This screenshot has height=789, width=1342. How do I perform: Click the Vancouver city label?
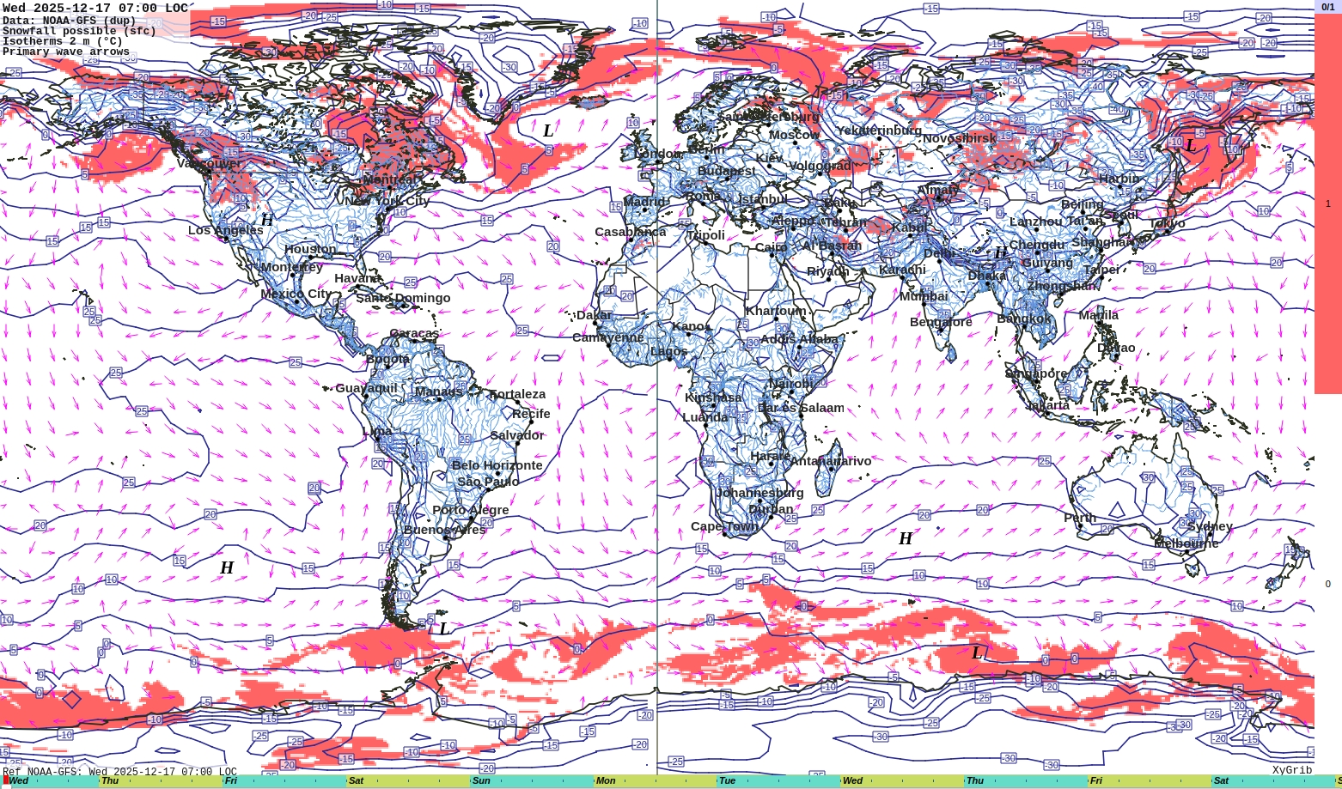click(209, 163)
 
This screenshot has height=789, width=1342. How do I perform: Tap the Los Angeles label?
click(226, 230)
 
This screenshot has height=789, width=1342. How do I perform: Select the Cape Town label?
click(725, 526)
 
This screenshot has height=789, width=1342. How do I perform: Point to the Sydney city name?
click(1210, 526)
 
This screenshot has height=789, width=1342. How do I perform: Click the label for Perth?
click(1080, 518)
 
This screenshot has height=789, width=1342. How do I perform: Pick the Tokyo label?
click(1167, 223)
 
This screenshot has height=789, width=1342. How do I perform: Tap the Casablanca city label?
click(631, 232)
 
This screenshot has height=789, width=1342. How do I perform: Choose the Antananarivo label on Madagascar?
click(831, 461)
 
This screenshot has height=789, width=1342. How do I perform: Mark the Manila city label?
click(1099, 315)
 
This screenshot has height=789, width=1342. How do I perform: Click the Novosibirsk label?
click(960, 138)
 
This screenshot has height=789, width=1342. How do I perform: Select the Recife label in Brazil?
click(531, 414)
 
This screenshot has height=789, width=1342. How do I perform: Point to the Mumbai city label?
click(924, 296)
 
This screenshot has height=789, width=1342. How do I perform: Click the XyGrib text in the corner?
click(1292, 770)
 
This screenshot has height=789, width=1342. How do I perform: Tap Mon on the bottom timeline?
click(606, 781)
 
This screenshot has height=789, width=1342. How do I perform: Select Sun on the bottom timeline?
click(481, 781)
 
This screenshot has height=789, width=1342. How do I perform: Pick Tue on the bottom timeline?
click(727, 781)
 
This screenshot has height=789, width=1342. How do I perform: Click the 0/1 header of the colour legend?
click(1327, 7)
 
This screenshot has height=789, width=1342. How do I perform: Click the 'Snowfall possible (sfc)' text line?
click(79, 31)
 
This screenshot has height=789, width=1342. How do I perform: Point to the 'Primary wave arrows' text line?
click(66, 52)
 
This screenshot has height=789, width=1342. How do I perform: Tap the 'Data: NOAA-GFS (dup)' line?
click(69, 21)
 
